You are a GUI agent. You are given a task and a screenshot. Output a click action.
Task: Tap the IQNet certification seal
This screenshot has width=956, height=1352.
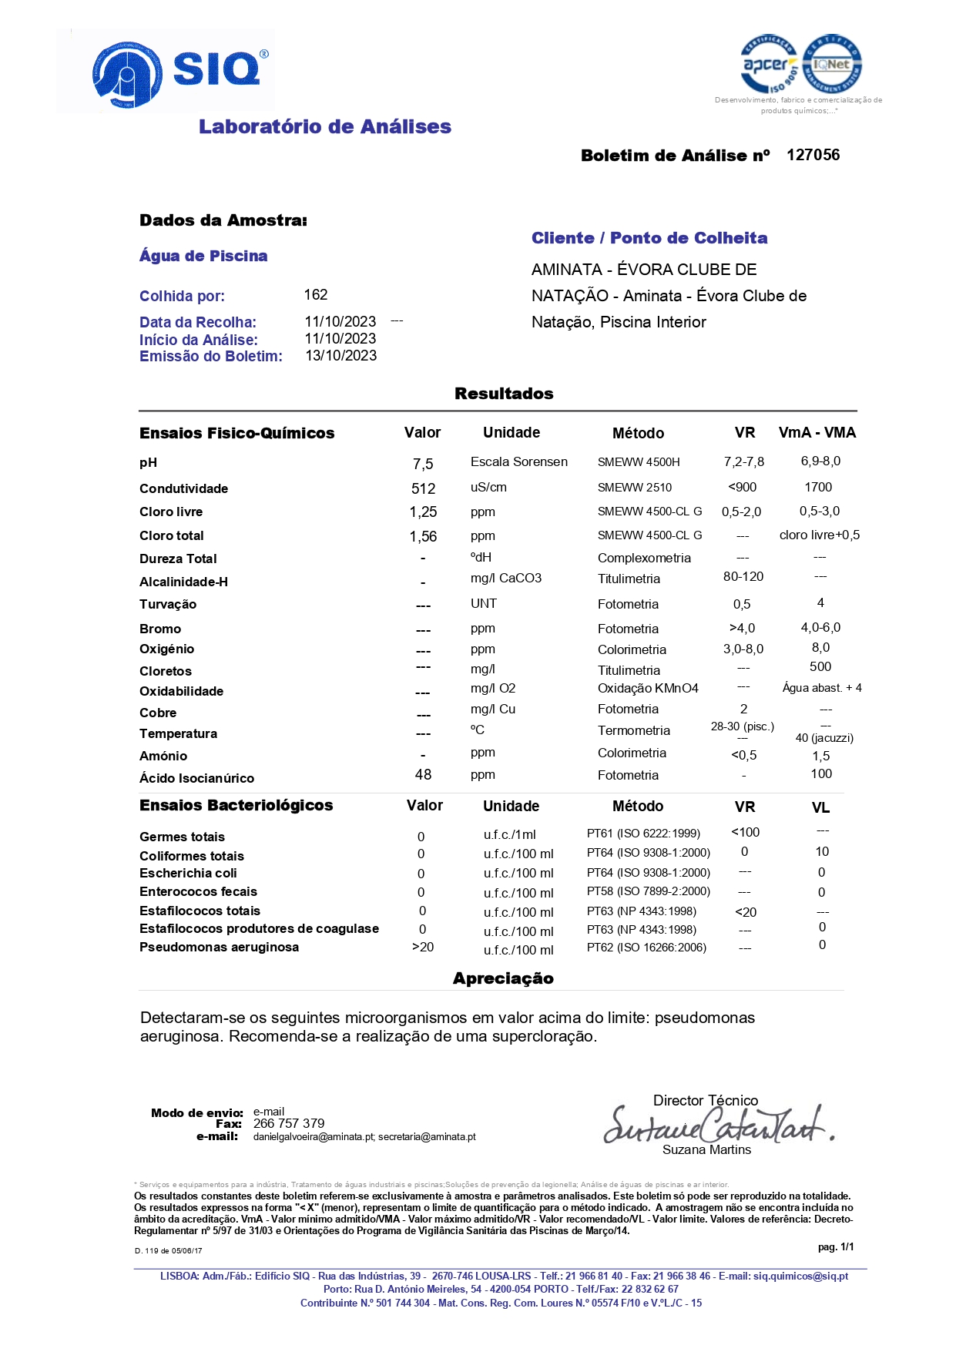832,65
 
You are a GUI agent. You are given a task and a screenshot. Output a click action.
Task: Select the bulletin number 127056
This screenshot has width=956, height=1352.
813,155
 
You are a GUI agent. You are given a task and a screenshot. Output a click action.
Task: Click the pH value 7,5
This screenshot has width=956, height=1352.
423,464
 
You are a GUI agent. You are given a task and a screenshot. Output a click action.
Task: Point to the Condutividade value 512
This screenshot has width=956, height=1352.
423,488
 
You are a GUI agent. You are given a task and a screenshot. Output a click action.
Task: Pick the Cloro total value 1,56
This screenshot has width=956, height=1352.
423,536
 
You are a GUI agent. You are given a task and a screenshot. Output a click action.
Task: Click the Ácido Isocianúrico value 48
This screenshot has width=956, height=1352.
423,774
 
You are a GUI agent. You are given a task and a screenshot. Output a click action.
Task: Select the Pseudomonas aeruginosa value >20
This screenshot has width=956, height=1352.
423,947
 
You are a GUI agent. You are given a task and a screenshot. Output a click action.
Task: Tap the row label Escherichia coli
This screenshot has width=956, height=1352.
188,873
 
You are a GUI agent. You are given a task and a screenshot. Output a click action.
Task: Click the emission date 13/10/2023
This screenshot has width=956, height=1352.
341,356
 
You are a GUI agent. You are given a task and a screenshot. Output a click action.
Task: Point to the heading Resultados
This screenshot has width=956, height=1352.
504,394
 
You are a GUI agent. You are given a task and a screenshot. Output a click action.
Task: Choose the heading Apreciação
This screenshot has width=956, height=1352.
503,978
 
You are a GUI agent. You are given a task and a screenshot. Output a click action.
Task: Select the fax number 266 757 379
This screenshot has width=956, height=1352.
289,1123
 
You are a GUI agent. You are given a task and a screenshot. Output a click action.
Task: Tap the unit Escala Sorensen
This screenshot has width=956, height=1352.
519,461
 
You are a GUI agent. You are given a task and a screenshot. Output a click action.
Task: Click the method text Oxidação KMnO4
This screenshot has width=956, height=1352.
648,688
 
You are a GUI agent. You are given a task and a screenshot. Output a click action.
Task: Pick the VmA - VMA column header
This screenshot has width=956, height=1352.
817,432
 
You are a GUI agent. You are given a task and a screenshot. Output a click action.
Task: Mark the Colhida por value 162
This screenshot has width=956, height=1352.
316,295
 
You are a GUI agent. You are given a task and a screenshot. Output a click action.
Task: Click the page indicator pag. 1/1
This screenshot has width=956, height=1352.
836,1246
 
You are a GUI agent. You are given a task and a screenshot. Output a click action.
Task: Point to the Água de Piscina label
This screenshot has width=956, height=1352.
203,256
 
